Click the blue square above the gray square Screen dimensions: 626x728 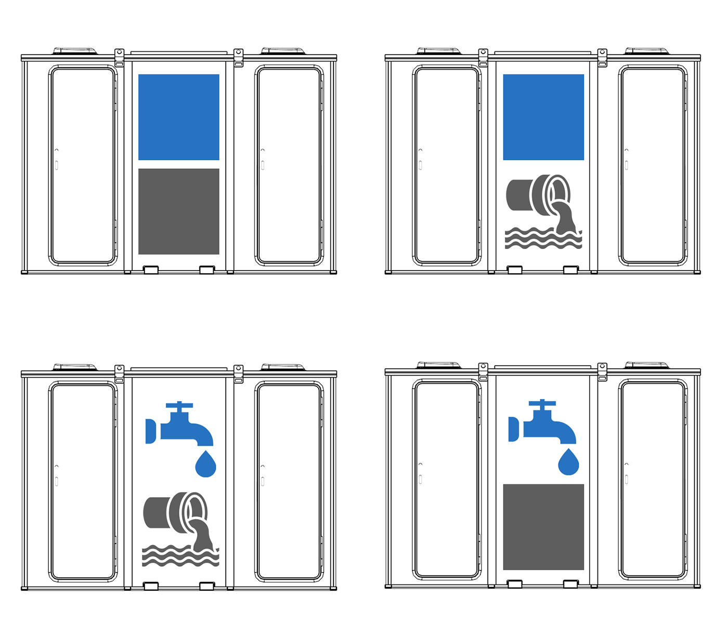point(178,117)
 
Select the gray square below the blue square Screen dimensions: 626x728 point(178,211)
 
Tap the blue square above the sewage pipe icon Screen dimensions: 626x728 point(543,117)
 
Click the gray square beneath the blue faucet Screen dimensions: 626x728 point(543,527)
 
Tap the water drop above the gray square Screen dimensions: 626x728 point(568,462)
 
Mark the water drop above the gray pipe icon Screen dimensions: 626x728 point(205,464)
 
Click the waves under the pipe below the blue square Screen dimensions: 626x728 point(541,239)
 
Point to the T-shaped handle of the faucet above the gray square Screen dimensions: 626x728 point(542,403)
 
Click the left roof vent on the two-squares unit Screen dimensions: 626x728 point(75,51)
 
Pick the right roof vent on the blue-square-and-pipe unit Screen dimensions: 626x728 point(646,51)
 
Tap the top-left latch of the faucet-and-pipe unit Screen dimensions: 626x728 point(119,373)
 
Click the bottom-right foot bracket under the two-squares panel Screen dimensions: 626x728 point(206,270)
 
